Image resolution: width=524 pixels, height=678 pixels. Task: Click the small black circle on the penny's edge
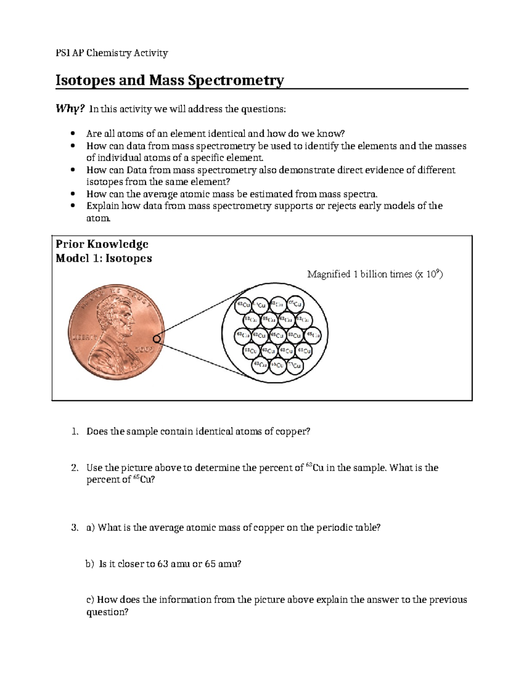click(157, 339)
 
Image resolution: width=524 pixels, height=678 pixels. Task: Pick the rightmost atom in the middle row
click(313, 335)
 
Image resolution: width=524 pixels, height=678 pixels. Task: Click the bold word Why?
click(69, 109)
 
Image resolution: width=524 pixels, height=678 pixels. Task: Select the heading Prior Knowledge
click(102, 244)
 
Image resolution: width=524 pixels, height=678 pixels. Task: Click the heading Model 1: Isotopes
click(104, 258)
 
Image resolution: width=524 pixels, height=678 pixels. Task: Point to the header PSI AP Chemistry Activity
click(111, 53)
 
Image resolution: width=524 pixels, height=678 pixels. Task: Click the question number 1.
click(75, 432)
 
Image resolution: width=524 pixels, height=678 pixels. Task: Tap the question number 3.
click(75, 528)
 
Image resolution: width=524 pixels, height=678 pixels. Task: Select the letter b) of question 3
click(90, 564)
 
